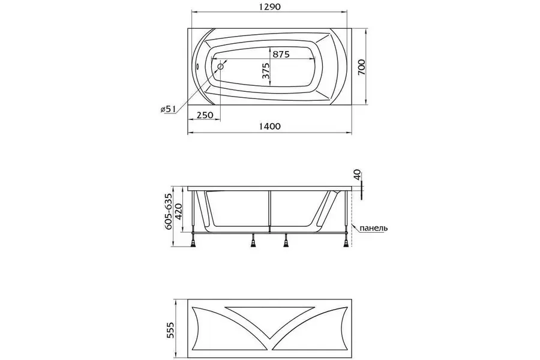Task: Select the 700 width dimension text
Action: [362, 67]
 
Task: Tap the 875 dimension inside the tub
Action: [281, 54]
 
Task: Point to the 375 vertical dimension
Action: [266, 71]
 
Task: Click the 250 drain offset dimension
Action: [205, 115]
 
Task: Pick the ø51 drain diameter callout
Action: [168, 109]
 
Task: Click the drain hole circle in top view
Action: [221, 66]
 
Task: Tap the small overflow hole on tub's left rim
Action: [197, 66]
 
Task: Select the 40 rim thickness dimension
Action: [358, 175]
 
